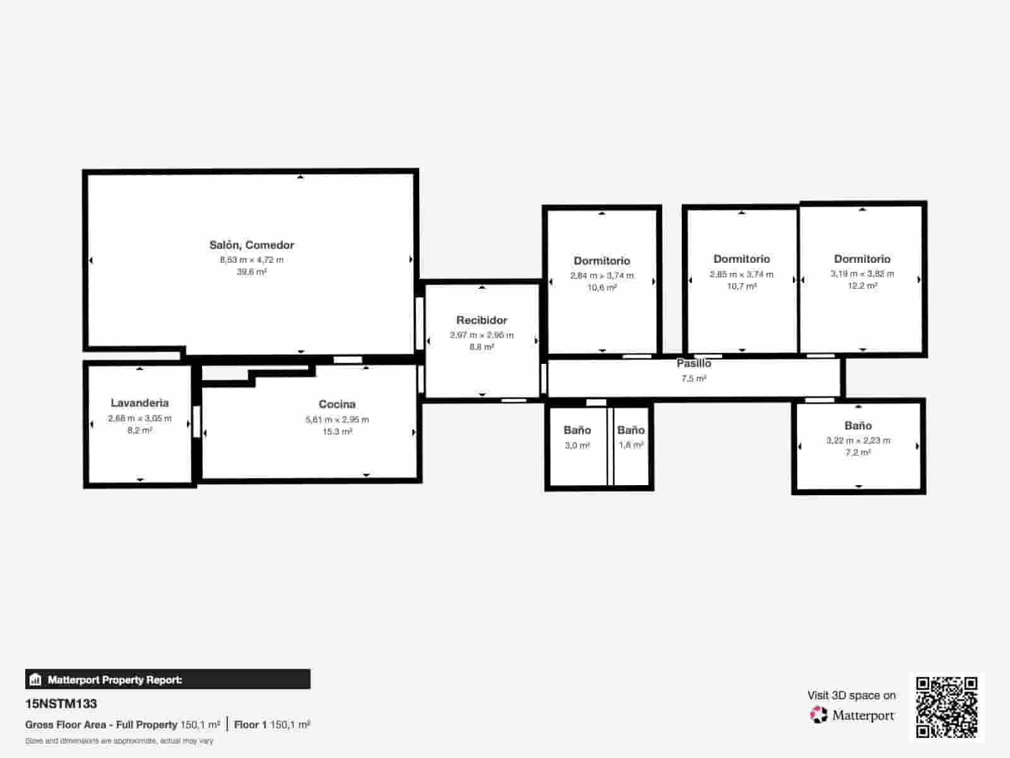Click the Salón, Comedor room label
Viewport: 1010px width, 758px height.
pos(252,245)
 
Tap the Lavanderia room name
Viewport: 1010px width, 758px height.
pos(140,403)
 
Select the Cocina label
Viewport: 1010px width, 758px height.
pos(337,404)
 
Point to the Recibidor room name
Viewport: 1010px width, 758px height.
pos(482,320)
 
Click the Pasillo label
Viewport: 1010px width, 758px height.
pos(694,363)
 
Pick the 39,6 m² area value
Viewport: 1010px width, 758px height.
pos(252,272)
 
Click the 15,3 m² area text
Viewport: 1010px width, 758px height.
pos(337,432)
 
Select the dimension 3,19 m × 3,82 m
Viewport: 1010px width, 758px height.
pos(862,274)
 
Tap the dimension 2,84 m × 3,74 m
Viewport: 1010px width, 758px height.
pos(602,275)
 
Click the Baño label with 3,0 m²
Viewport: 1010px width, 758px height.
pos(577,430)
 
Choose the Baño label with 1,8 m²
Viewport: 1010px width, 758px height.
pos(631,430)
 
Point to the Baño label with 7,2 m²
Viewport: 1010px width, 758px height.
pos(858,426)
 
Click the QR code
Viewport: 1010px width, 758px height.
pos(947,707)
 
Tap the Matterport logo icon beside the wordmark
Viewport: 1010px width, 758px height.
pos(819,715)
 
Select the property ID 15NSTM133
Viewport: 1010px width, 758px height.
pos(61,704)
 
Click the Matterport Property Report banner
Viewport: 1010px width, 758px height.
pos(168,680)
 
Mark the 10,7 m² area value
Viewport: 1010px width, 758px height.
pos(742,287)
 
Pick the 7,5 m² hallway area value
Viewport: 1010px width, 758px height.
pos(694,379)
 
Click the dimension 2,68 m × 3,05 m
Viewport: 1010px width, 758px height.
pos(140,418)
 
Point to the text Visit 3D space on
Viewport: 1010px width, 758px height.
pos(851,695)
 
